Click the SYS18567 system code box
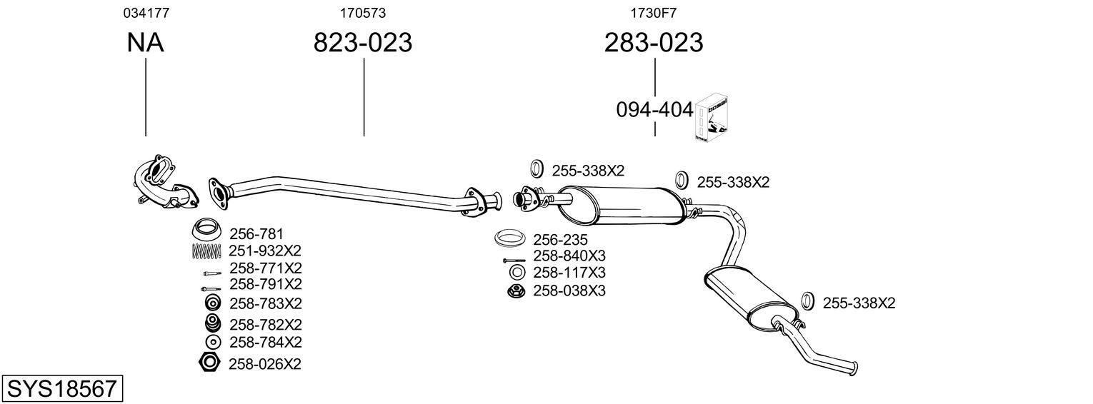[61, 389]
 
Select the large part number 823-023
[363, 43]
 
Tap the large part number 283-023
[654, 43]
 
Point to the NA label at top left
[145, 43]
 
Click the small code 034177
[146, 13]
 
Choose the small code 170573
[363, 13]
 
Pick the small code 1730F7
[654, 13]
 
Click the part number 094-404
[654, 110]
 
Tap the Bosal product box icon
[712, 118]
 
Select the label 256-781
[256, 233]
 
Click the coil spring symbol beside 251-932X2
[207, 251]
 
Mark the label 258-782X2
[265, 323]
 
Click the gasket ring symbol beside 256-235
[510, 238]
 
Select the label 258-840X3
[569, 256]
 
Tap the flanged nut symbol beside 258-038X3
[515, 291]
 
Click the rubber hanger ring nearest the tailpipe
[808, 301]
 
